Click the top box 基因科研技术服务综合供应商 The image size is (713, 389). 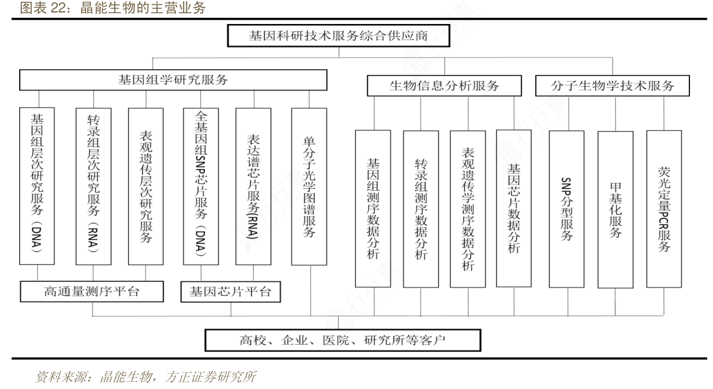pos(338,36)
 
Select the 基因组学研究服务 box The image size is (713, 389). pos(173,80)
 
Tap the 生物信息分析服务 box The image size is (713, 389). pos(444,86)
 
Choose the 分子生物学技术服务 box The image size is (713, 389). pos(612,86)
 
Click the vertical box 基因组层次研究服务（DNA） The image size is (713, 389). pos(37,186)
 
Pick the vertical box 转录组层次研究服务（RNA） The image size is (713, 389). pos(94,186)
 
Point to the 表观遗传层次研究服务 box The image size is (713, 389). pos(146,186)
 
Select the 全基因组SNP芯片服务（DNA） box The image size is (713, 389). pos(201,186)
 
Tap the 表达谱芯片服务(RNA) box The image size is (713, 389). pos(253,186)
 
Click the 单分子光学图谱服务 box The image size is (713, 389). pos(309,186)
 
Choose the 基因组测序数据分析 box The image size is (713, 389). pos(373,208)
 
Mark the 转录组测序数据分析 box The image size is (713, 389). pos(421,208)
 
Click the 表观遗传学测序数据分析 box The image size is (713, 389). pos(468,208)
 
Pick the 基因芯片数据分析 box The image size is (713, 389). pos(514,207)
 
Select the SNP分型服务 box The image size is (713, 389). pos(567,208)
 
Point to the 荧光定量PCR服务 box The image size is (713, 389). pos(664,208)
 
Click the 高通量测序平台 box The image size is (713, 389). pos(91,291)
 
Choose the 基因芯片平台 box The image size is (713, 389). pos(230,292)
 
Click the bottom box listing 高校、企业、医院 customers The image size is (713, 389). pos(343,340)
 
